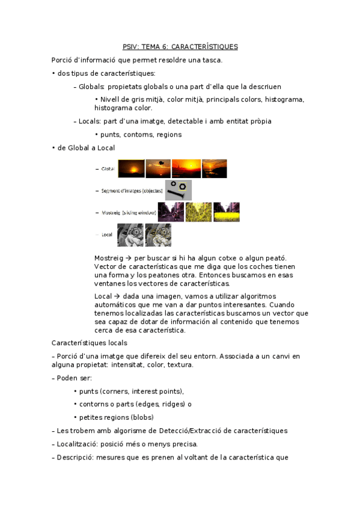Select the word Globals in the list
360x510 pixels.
click(92, 87)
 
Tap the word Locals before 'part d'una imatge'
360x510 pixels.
click(90, 121)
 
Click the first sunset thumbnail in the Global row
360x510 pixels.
click(130, 168)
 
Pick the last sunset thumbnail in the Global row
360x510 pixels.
click(214, 168)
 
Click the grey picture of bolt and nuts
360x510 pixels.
click(178, 190)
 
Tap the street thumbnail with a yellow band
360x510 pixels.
click(226, 212)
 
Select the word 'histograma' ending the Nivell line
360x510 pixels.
click(284, 99)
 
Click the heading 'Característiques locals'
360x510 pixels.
click(89, 343)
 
